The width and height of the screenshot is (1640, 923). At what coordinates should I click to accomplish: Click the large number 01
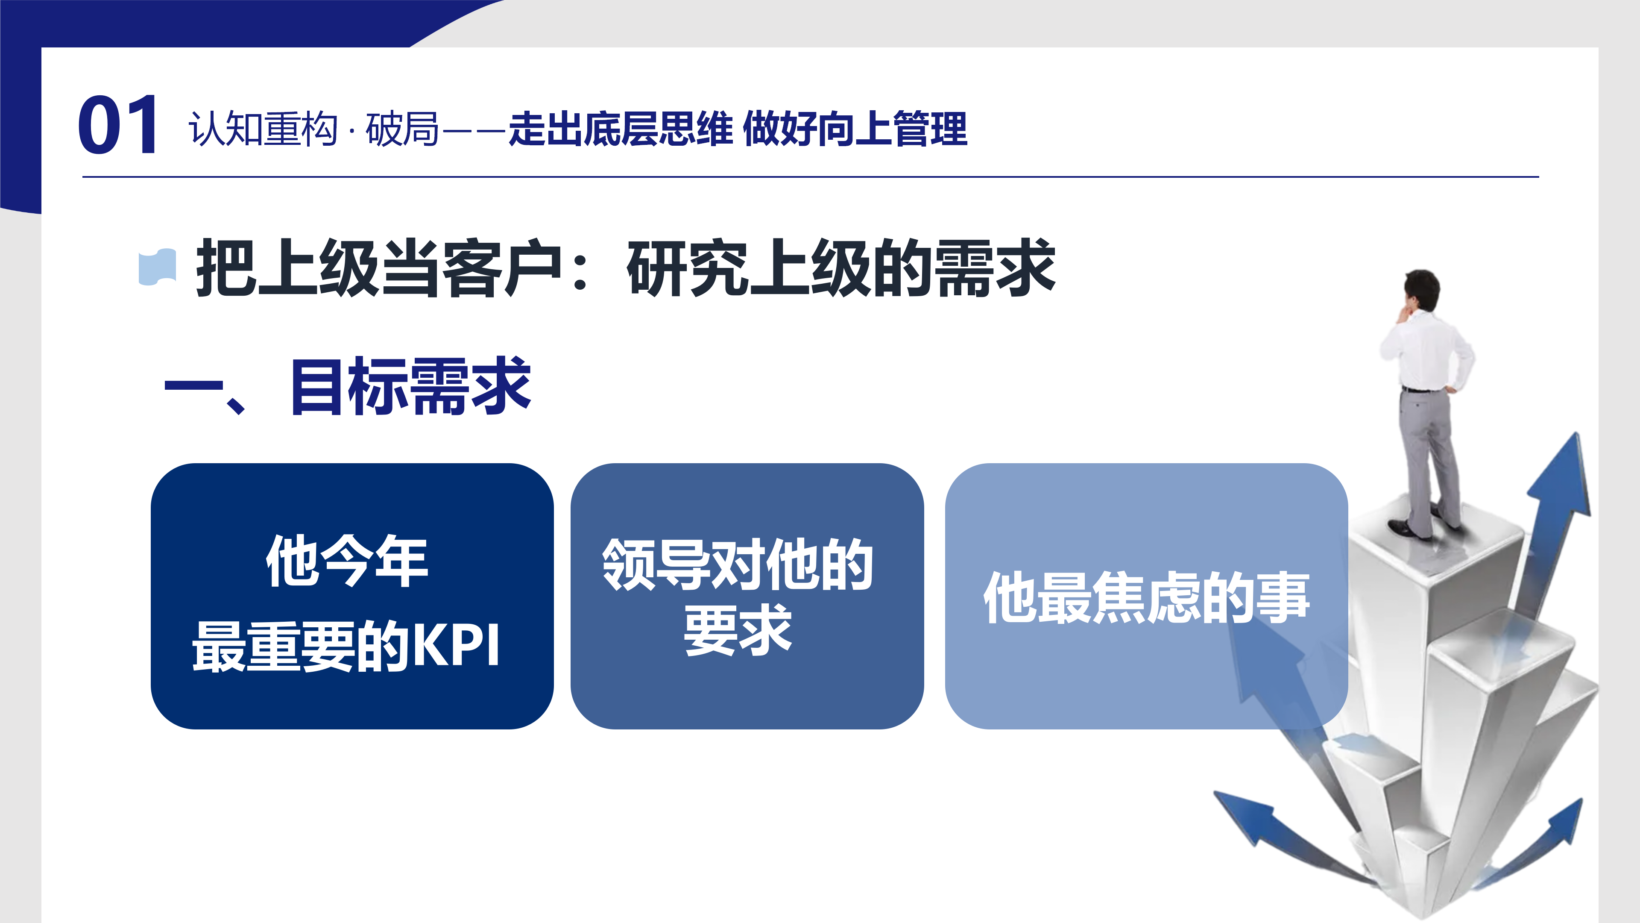(x=118, y=125)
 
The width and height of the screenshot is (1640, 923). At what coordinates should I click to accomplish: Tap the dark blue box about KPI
(x=352, y=596)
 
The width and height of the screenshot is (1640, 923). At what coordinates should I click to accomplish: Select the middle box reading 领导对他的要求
(x=747, y=596)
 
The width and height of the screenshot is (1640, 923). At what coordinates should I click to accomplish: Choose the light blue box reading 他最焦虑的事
(x=1146, y=596)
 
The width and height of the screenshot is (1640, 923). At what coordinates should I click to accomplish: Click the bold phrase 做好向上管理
(x=855, y=129)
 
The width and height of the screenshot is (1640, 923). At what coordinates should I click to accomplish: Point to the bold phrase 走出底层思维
(x=621, y=129)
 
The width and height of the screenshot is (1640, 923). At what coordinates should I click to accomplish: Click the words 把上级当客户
(x=379, y=267)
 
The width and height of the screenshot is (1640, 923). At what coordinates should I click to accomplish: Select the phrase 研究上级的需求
(x=841, y=267)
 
